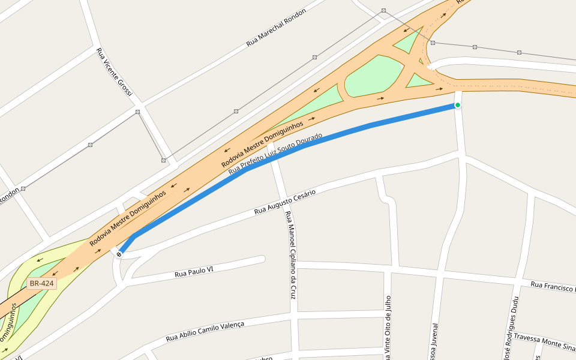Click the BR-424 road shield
point(41,283)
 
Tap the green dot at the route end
point(457,105)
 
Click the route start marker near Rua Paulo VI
point(119,254)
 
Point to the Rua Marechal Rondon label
point(276,28)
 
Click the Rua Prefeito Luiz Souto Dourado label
point(275,154)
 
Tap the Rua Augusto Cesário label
point(284,202)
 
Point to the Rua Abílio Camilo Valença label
point(205,331)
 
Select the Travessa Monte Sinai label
point(544,341)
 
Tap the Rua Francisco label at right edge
point(553,286)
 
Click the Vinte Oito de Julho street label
point(388,327)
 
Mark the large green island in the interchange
point(376,77)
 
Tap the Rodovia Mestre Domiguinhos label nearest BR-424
point(127,218)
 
